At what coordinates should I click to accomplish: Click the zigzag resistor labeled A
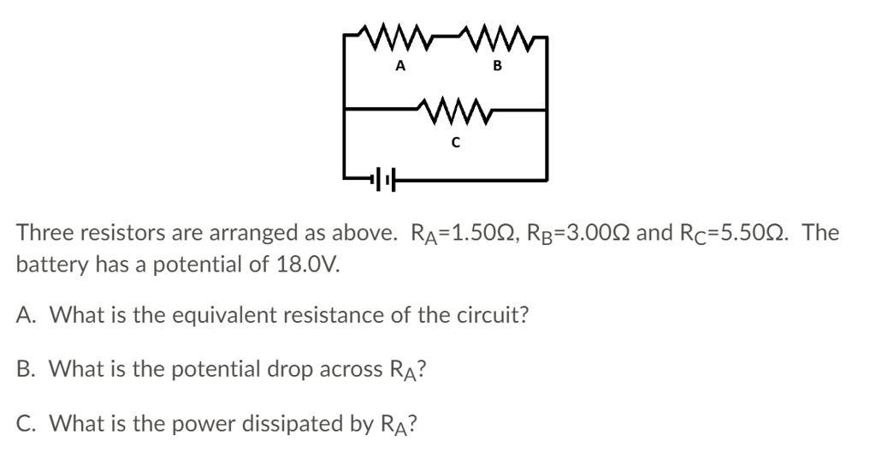coord(400,39)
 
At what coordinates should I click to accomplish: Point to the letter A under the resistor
coord(400,65)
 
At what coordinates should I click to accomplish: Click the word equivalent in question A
coord(219,315)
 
